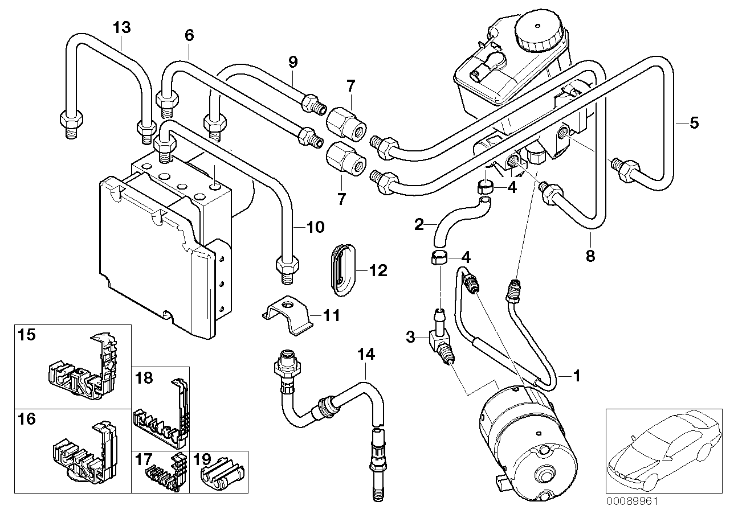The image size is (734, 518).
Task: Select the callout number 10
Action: tap(315, 228)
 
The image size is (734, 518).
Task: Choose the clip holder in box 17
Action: tap(162, 471)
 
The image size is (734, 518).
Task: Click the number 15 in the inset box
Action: tap(26, 334)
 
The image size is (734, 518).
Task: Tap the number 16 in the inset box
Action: tap(26, 420)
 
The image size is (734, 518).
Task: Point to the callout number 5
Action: tap(694, 122)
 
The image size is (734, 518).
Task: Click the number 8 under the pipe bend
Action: tap(590, 257)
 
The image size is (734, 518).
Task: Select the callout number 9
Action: tap(292, 61)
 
